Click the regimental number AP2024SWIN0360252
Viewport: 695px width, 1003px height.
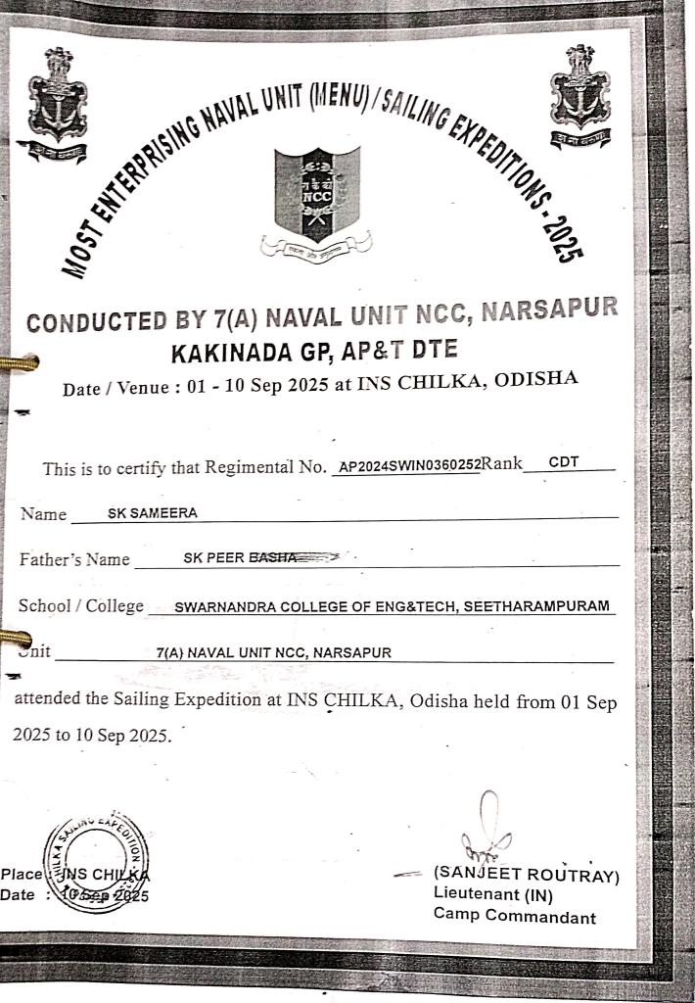coord(406,466)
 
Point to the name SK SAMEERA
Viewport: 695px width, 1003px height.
coord(152,512)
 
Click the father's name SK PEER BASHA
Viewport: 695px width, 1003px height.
coord(240,557)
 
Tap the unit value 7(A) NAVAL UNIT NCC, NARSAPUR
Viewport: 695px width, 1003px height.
coord(273,651)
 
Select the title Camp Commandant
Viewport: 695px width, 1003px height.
coord(514,917)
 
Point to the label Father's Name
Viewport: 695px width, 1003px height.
coord(74,560)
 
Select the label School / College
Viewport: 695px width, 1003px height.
coord(81,606)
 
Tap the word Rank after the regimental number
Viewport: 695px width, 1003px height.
coord(502,464)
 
